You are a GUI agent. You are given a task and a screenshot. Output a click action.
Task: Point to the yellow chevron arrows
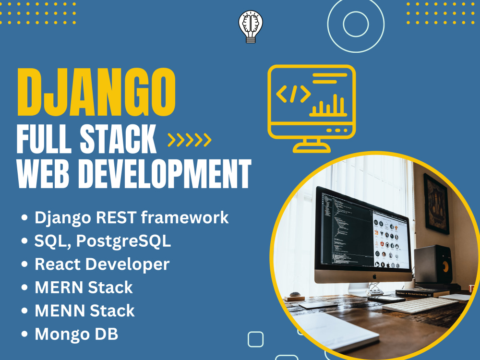[x=189, y=140]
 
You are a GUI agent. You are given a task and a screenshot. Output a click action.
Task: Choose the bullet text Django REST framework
[x=132, y=217]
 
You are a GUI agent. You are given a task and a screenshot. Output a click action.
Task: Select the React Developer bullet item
[x=102, y=264]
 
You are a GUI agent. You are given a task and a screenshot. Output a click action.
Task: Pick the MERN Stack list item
[x=84, y=288]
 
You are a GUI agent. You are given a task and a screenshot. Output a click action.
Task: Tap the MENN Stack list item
[x=84, y=311]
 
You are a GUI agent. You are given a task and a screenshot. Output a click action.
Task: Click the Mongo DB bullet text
[x=76, y=334]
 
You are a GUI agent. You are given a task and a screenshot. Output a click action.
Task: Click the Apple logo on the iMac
[x=364, y=276]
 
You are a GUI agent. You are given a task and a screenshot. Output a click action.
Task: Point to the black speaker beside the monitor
[x=432, y=264]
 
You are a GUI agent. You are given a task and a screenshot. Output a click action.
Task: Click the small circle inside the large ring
[x=355, y=24]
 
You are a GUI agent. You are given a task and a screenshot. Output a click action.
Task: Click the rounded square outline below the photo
[x=255, y=339]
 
